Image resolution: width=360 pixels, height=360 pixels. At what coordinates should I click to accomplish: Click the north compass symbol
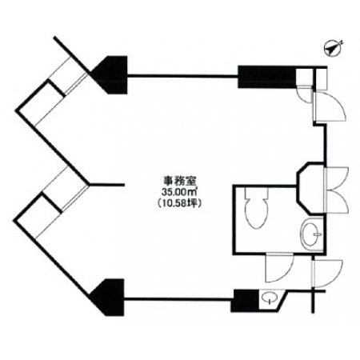pos(332,49)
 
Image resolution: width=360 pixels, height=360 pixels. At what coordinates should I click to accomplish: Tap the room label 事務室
pos(180,182)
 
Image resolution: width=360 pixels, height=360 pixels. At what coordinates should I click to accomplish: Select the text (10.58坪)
pos(179,203)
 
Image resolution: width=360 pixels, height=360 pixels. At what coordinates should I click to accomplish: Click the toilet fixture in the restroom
pos(256,208)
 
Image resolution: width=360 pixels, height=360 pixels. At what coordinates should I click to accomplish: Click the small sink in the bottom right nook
pos(267,298)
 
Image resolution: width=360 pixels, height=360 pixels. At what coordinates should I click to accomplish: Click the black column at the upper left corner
pos(110,74)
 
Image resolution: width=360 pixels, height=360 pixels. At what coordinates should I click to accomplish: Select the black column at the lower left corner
pos(108,297)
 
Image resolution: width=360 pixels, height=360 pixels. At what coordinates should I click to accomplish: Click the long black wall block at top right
pos(267,77)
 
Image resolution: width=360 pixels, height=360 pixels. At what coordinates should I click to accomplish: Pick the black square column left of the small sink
pos(246,301)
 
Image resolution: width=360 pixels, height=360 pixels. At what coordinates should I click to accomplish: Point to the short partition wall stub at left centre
pos(106,184)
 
